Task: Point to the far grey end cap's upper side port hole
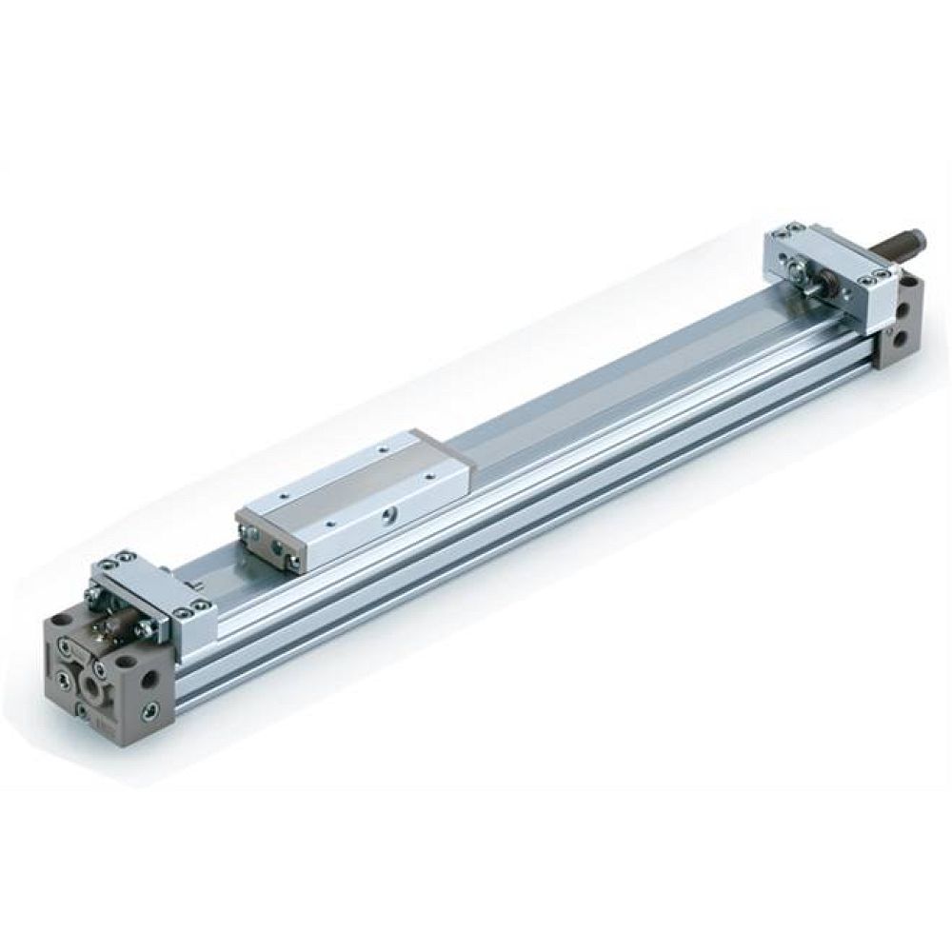coord(902,310)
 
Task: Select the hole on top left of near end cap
coord(61,619)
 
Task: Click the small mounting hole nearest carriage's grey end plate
coord(285,495)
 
